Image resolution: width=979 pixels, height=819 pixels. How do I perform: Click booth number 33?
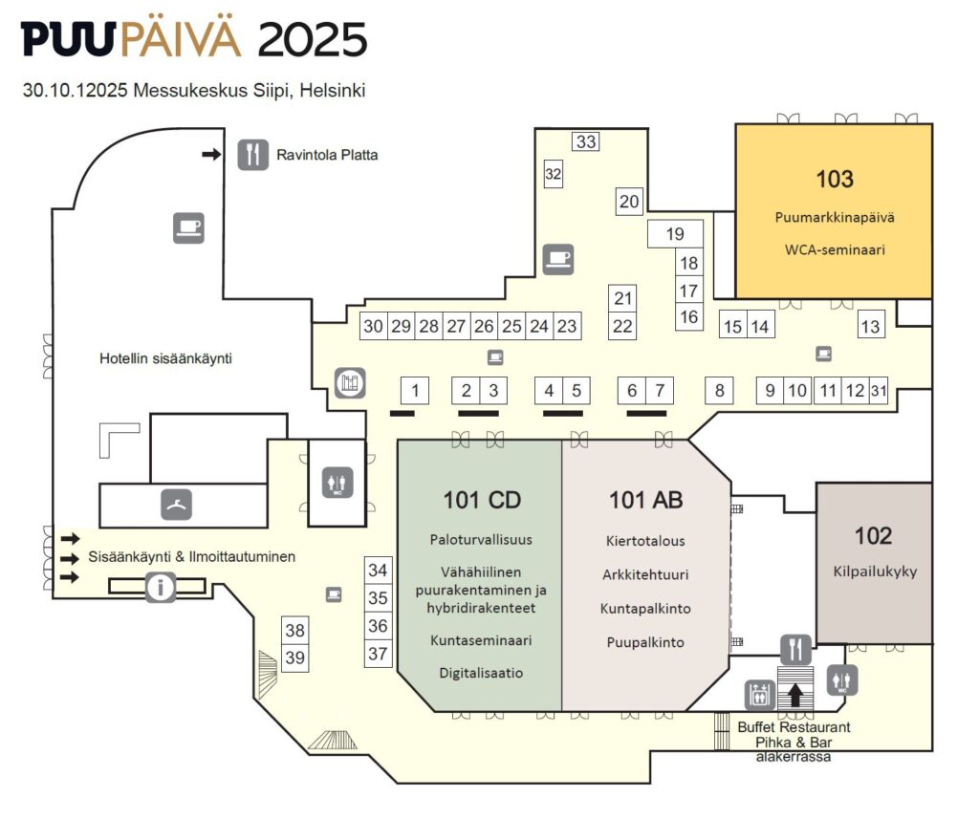point(586,141)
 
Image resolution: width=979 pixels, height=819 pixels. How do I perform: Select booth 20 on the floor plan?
point(628,202)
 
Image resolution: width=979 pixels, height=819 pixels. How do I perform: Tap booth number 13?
point(870,326)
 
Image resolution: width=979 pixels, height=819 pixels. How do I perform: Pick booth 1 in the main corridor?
point(414,390)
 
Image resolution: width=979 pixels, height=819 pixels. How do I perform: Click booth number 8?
point(720,390)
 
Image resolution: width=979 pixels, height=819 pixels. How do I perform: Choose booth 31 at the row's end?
point(879,390)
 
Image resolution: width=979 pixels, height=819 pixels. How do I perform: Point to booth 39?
point(295,657)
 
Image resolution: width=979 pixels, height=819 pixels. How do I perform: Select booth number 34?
point(379,571)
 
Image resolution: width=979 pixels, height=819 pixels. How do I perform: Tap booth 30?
point(373,326)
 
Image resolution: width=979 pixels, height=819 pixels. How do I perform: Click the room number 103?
point(834,178)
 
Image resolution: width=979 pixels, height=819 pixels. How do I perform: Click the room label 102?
point(873,535)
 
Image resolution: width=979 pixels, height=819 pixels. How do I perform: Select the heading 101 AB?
point(645,499)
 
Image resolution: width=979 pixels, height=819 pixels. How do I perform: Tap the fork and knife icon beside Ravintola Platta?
point(252,154)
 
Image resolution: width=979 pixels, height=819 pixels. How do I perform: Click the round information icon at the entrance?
point(161,587)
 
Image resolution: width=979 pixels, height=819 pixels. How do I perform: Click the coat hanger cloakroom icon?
point(177,504)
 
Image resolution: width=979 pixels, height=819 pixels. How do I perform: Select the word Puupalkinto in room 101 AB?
point(645,642)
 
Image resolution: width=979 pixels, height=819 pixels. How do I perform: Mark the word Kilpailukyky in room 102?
point(875,571)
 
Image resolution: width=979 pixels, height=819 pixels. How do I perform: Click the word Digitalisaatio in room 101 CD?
point(481,672)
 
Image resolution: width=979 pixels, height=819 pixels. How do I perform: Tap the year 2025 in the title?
point(312,40)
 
